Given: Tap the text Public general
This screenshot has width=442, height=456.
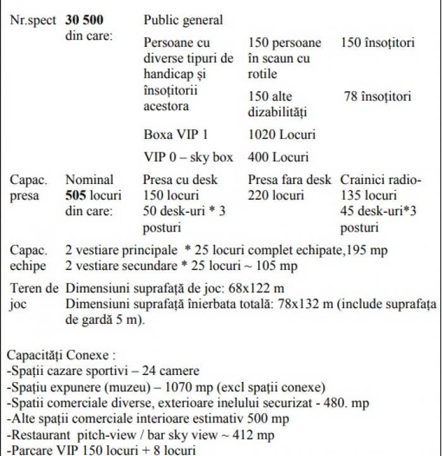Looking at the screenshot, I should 183,20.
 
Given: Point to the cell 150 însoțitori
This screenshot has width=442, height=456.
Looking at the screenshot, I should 378,43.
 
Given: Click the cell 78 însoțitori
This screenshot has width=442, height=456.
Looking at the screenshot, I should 378,97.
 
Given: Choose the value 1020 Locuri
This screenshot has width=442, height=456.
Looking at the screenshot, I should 282,134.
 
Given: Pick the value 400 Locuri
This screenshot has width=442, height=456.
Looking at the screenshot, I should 278,157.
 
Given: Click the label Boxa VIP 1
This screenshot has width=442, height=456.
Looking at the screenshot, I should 176,134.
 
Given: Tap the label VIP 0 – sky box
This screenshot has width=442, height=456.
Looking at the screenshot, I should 188,157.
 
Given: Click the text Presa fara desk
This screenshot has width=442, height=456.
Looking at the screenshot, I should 289,180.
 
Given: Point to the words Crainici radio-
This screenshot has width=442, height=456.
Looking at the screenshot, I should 381,180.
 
